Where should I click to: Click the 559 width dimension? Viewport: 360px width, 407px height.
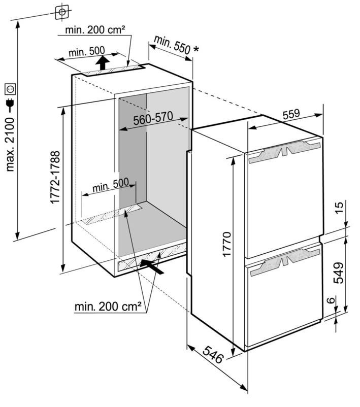tap(291, 114)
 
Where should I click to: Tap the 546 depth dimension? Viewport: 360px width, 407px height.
tap(213, 355)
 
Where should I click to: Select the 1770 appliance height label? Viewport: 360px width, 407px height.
tap(227, 244)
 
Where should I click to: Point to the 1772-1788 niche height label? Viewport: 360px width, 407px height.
tap(55, 177)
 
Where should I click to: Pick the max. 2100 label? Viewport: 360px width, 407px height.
tap(10, 144)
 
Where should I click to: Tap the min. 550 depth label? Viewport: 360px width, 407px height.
tap(173, 45)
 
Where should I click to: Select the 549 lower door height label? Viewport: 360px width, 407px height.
tap(338, 273)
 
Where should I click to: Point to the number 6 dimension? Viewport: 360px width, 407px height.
tap(331, 300)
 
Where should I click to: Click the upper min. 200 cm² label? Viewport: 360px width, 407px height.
tap(95, 30)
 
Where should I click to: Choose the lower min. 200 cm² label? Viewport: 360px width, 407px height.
tap(108, 307)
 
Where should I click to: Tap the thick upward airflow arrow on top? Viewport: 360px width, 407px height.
tap(103, 63)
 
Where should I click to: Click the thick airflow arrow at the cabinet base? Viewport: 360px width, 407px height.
tap(152, 266)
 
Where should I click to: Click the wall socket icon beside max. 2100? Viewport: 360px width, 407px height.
tap(10, 89)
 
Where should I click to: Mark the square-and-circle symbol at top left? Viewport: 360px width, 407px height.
tap(62, 12)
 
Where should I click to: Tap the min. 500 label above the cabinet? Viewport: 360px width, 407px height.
tap(87, 52)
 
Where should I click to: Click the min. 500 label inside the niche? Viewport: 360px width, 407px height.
tap(111, 185)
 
